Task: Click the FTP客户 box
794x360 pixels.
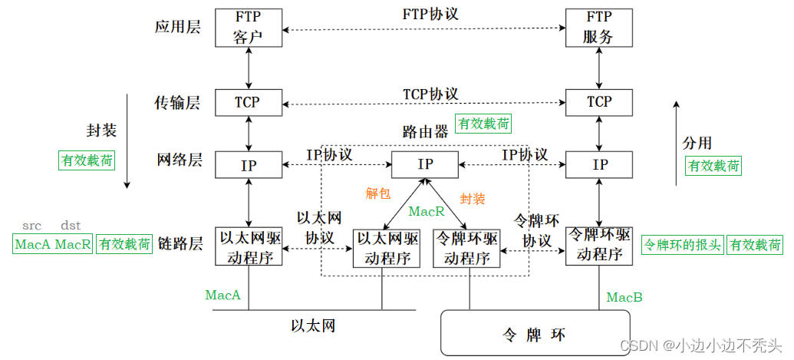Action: tap(249, 28)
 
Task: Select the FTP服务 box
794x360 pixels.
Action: tap(598, 28)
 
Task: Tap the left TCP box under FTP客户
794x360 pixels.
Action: tap(248, 102)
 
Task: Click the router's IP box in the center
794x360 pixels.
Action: tap(425, 164)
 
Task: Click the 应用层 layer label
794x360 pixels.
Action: tap(179, 27)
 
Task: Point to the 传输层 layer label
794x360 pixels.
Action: tap(179, 102)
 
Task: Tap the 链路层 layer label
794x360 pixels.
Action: tap(179, 244)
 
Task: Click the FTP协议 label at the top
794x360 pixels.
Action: tap(430, 15)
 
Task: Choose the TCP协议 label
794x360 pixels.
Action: tap(430, 94)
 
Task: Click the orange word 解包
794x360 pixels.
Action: tap(378, 193)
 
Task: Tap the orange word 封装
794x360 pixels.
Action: tap(473, 199)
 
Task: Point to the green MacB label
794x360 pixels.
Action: tap(624, 297)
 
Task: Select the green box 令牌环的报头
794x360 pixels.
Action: tap(682, 245)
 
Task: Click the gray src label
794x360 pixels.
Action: tap(31, 226)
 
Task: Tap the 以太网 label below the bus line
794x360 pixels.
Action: tap(313, 325)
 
